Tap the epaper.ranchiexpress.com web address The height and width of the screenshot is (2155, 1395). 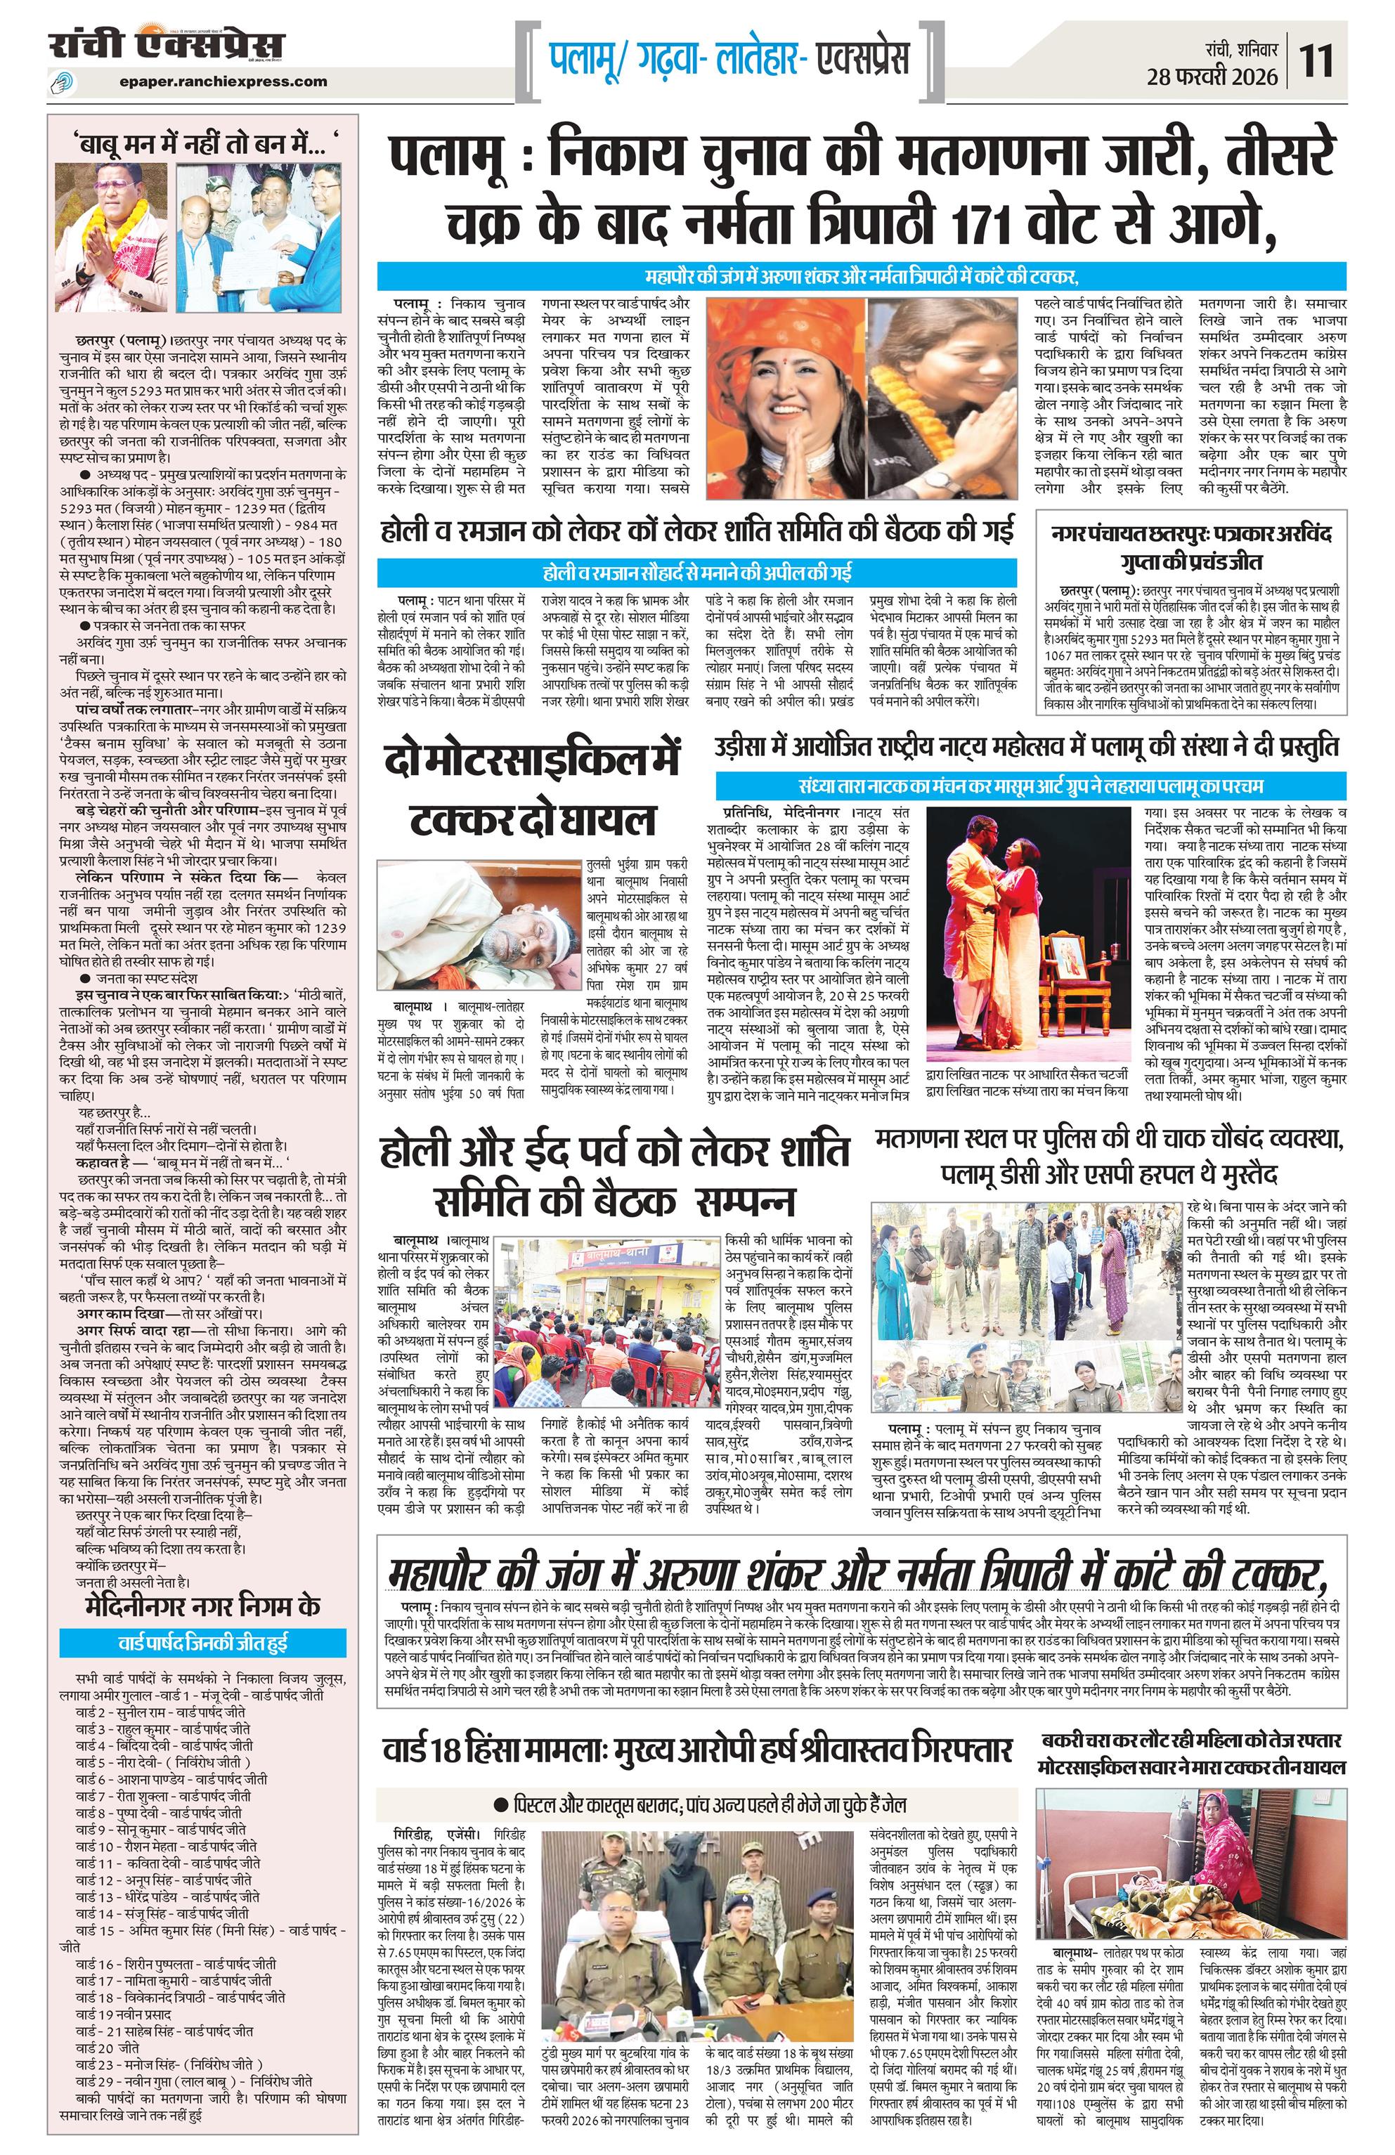pos(223,82)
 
